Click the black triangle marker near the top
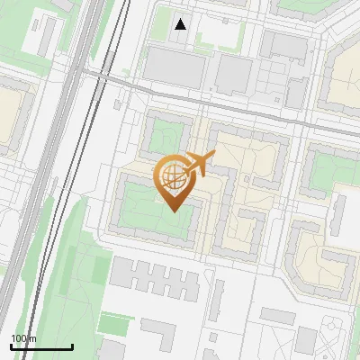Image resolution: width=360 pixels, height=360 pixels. [x=181, y=24]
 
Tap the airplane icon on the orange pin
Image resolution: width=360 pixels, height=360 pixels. [x=199, y=164]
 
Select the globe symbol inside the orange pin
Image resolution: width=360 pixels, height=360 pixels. [x=175, y=177]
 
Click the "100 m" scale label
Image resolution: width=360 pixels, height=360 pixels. [x=23, y=337]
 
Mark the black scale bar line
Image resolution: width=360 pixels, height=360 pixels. [x=40, y=346]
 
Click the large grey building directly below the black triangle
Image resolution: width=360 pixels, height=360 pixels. [x=175, y=65]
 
